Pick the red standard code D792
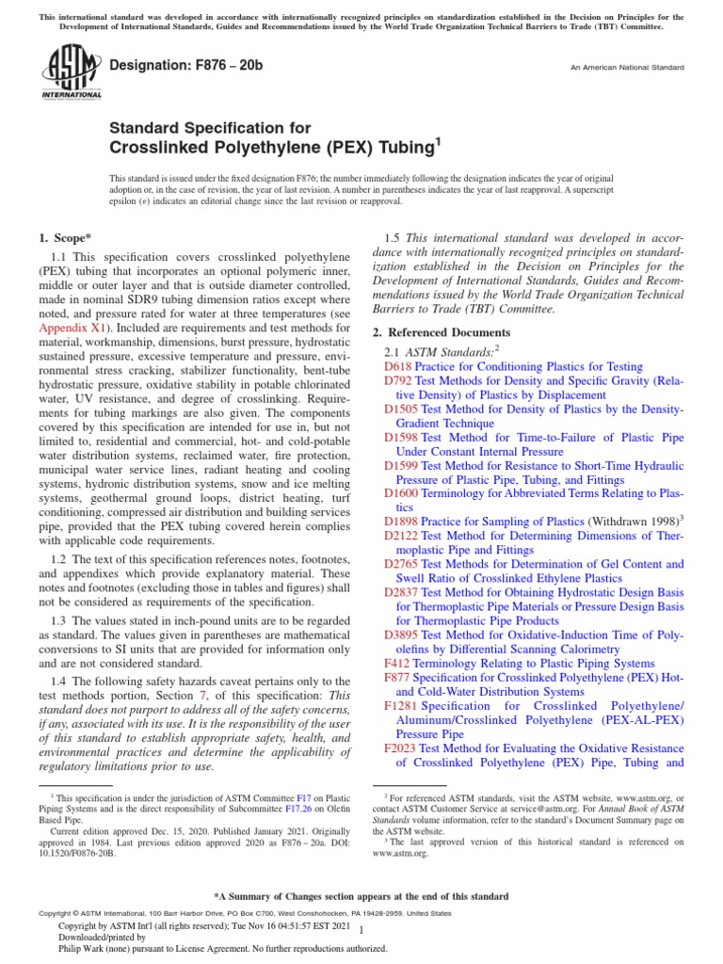pyautogui.click(x=397, y=380)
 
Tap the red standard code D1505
pyautogui.click(x=401, y=410)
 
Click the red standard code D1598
pyautogui.click(x=401, y=438)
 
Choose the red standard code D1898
pyautogui.click(x=401, y=521)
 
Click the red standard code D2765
pyautogui.click(x=401, y=564)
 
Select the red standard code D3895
pyautogui.click(x=401, y=635)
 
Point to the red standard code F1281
pyautogui.click(x=401, y=706)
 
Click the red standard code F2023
pyautogui.click(x=401, y=748)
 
